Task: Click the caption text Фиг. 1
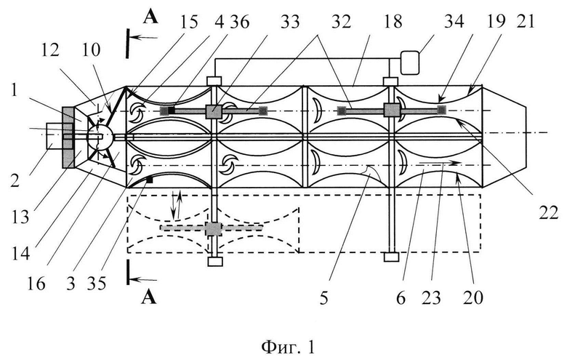[288, 348]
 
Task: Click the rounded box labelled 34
[410, 63]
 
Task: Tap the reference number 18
[393, 22]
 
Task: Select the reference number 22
[549, 214]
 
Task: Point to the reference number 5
[324, 298]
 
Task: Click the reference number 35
[97, 284]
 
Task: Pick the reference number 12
[50, 50]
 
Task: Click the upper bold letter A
[150, 17]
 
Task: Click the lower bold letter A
[149, 297]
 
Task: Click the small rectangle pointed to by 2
[55, 136]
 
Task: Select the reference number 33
[290, 22]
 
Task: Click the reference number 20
[473, 298]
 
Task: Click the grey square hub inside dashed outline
[213, 228]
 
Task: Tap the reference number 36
[239, 22]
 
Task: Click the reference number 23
[431, 298]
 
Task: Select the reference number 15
[189, 22]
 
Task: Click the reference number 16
[36, 284]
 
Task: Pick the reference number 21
[525, 22]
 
